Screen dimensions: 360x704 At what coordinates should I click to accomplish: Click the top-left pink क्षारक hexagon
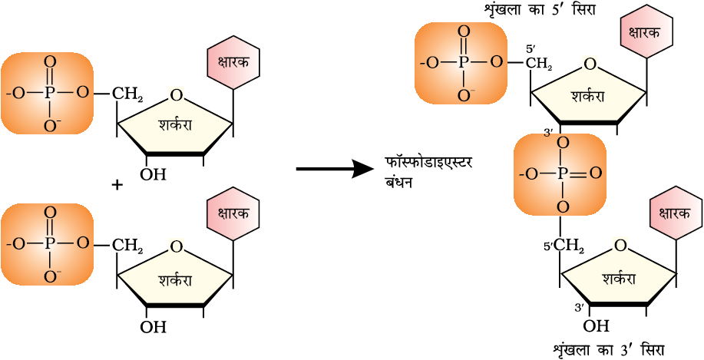pyautogui.click(x=233, y=63)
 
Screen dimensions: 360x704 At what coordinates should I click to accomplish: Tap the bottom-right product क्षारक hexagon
pyautogui.click(x=676, y=212)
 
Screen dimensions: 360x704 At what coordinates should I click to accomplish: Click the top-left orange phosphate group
pyautogui.click(x=48, y=94)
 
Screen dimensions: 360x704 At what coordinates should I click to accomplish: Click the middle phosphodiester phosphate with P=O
pyautogui.click(x=560, y=174)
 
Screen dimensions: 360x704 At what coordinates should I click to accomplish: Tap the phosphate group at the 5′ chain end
pyautogui.click(x=461, y=63)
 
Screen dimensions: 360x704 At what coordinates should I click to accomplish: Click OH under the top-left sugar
pyautogui.click(x=153, y=175)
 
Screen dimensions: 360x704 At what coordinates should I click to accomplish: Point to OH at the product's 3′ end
pyautogui.click(x=597, y=326)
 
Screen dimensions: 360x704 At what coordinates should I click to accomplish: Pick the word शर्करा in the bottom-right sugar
pyautogui.click(x=619, y=278)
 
